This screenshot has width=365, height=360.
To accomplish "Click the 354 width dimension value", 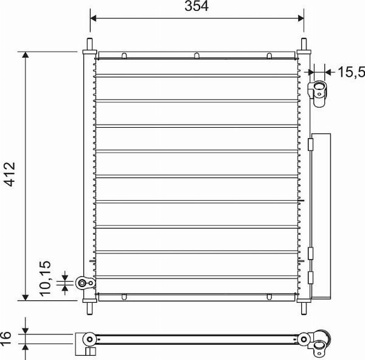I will [x=197, y=7].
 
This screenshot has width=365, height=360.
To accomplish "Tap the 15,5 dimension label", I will [x=351, y=72].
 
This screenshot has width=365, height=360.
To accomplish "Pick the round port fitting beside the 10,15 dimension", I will [x=83, y=283].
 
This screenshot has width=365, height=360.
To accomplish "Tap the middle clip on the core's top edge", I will [x=197, y=57].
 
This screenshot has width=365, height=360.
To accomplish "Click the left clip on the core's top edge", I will [x=124, y=57].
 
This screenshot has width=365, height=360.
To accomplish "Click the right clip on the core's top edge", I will [x=269, y=57].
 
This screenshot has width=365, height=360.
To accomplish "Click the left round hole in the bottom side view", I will [x=89, y=339].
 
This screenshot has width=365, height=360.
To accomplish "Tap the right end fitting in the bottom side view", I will [x=320, y=343].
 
